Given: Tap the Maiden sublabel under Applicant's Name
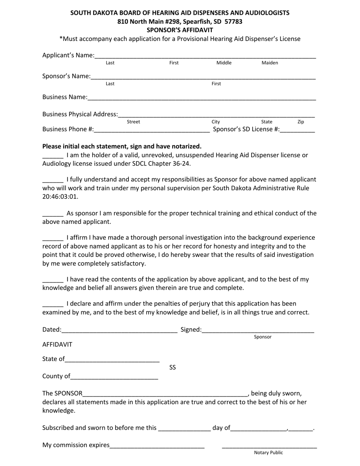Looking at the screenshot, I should [270, 63].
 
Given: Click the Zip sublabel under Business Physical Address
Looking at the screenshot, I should [301, 122].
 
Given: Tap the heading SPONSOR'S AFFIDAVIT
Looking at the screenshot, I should [180, 30].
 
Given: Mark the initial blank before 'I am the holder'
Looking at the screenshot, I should [53, 156].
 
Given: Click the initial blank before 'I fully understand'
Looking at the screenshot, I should [53, 180].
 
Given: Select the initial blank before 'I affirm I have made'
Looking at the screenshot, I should [53, 239].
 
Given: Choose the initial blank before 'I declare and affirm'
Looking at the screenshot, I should [53, 305].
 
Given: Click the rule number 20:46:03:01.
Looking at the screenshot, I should [60, 197].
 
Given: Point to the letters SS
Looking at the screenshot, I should [172, 367].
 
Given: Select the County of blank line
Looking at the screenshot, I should [114, 377].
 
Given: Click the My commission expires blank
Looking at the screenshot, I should [157, 446].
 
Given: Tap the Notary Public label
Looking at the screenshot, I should [268, 452].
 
